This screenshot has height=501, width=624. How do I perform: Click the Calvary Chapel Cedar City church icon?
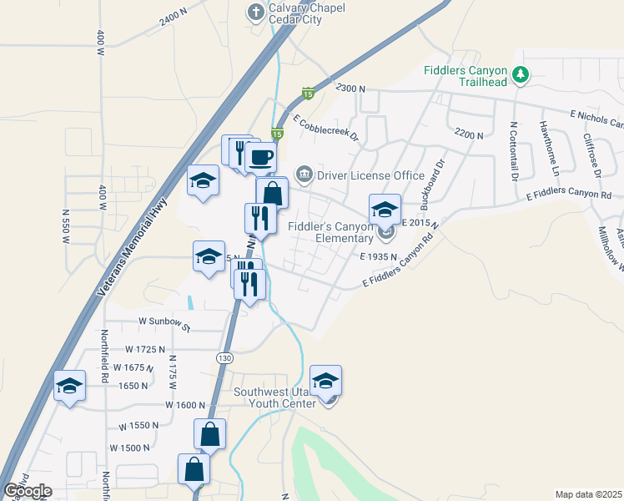[256, 12]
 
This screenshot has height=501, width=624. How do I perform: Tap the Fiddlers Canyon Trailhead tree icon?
[521, 75]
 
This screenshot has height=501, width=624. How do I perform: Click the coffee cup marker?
[260, 156]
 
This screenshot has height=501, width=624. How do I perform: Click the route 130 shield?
[224, 357]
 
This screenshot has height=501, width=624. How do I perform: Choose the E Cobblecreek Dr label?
[325, 127]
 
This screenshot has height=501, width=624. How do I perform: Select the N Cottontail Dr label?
[513, 152]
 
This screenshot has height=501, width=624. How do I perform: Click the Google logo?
[28, 491]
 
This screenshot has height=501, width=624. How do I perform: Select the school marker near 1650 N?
[70, 387]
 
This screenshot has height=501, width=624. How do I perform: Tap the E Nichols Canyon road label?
[596, 119]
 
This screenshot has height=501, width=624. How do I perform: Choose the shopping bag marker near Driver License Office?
[272, 194]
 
